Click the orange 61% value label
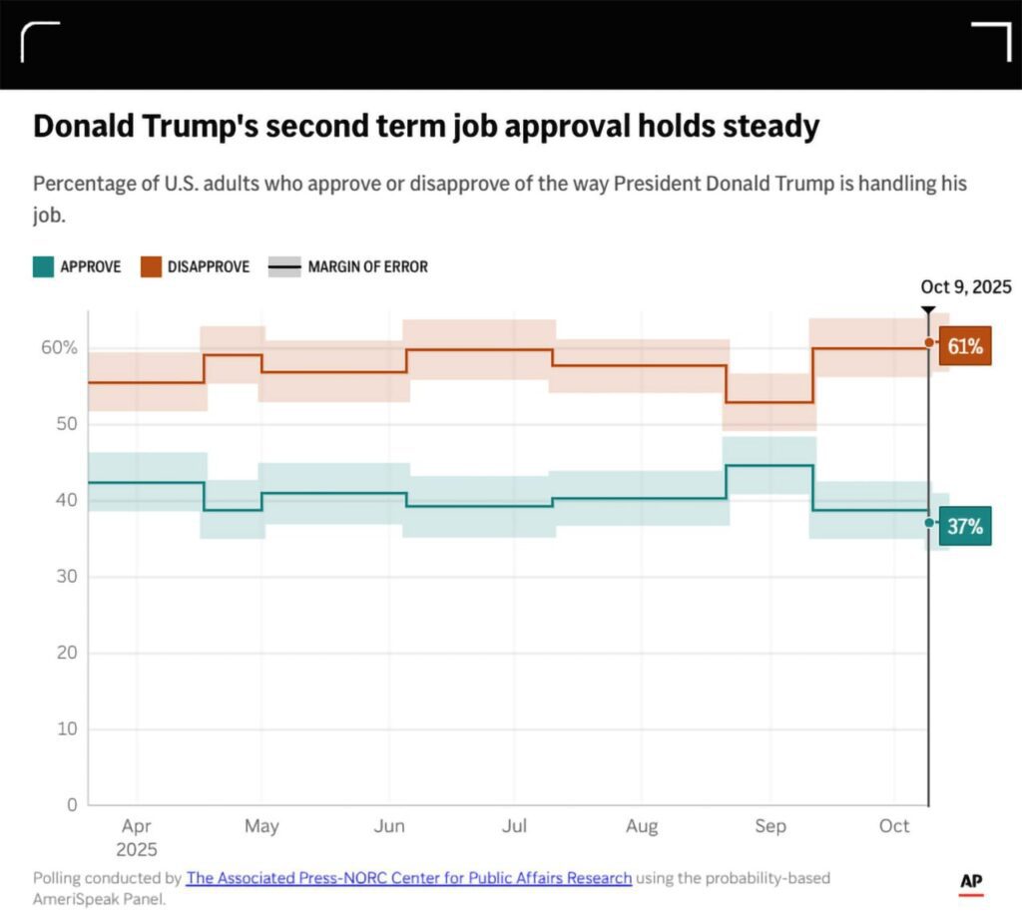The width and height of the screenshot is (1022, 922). (x=965, y=346)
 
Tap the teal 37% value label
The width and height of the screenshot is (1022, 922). (x=965, y=526)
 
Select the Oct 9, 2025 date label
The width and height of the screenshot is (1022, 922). (x=966, y=287)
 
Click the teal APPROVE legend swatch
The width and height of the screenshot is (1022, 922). (x=43, y=266)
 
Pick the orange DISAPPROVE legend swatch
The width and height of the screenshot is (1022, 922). (x=151, y=266)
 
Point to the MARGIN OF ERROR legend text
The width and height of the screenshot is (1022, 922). (x=367, y=266)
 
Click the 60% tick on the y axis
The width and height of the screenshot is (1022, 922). (x=59, y=347)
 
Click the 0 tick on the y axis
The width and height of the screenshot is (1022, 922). (x=71, y=804)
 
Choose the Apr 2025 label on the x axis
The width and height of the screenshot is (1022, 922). (x=137, y=837)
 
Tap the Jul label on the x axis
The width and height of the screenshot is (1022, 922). (x=514, y=826)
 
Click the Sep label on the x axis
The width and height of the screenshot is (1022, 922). (x=770, y=826)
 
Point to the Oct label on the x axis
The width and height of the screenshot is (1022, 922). (x=894, y=826)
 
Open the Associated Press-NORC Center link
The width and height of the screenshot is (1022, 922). (x=409, y=878)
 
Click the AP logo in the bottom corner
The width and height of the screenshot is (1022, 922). (x=971, y=882)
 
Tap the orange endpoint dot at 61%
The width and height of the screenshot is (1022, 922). (x=929, y=342)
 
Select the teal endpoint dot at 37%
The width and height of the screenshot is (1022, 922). (x=929, y=522)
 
